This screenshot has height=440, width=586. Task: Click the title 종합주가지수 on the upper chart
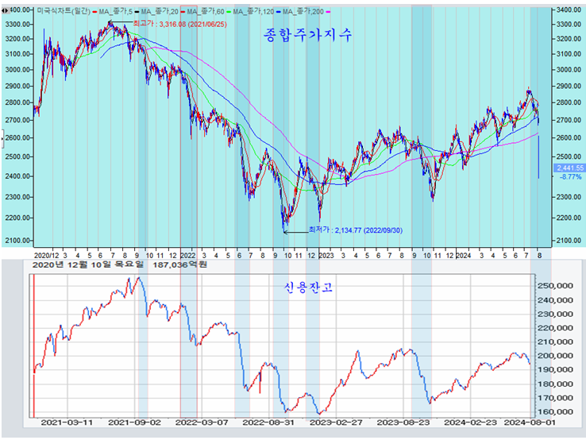[x=306, y=37]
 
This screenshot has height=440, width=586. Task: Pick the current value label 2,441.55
[x=570, y=168]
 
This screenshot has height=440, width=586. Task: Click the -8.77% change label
[x=570, y=177]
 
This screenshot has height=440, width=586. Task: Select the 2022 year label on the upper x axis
[x=188, y=256]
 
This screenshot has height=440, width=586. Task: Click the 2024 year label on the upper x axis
[x=464, y=256]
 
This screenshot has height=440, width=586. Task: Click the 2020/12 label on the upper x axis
[x=45, y=256]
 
